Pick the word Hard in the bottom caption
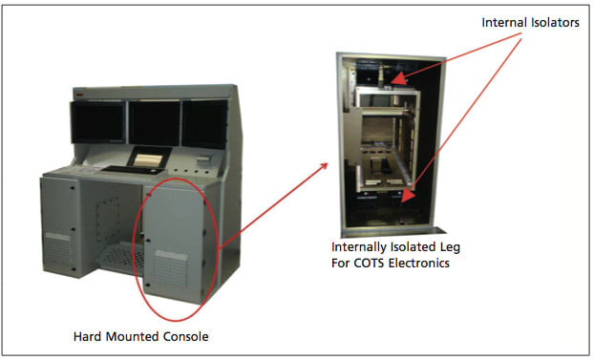(89, 336)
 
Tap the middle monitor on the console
(153, 121)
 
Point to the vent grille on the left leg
(57, 247)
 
